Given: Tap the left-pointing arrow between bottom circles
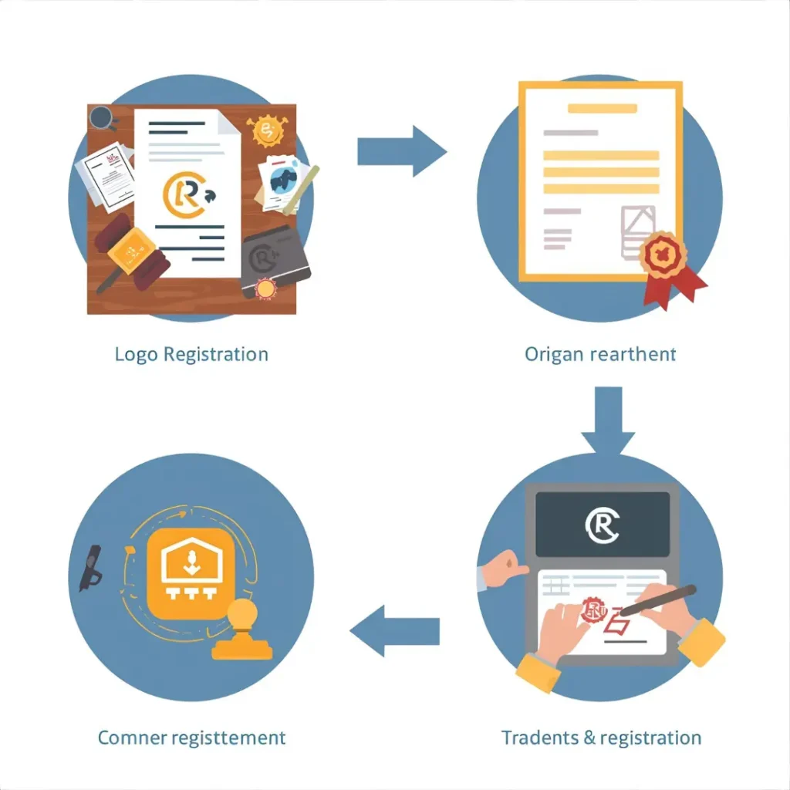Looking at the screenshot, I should (x=394, y=632).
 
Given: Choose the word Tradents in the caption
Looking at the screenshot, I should (x=539, y=738).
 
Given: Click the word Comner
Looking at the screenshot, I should (x=133, y=738).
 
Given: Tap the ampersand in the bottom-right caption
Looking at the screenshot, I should (x=589, y=738).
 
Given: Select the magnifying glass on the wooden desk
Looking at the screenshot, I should (x=102, y=118).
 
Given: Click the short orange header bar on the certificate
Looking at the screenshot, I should (x=602, y=109).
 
